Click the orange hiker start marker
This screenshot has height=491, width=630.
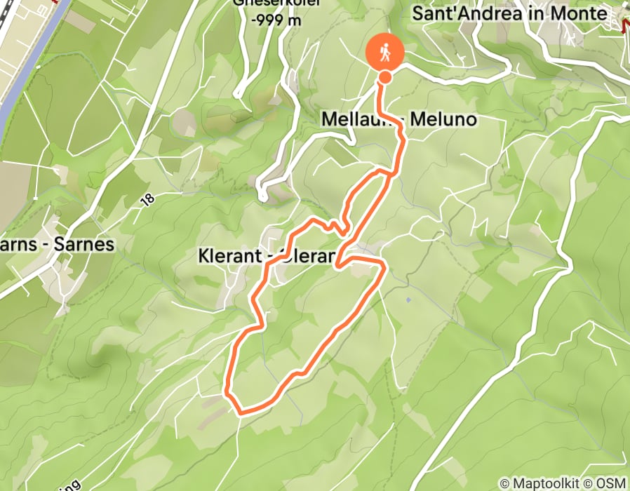click(385, 52)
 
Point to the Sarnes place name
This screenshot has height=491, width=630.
click(78, 245)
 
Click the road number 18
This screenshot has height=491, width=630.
click(147, 200)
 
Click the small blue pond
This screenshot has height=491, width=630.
click(408, 300)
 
